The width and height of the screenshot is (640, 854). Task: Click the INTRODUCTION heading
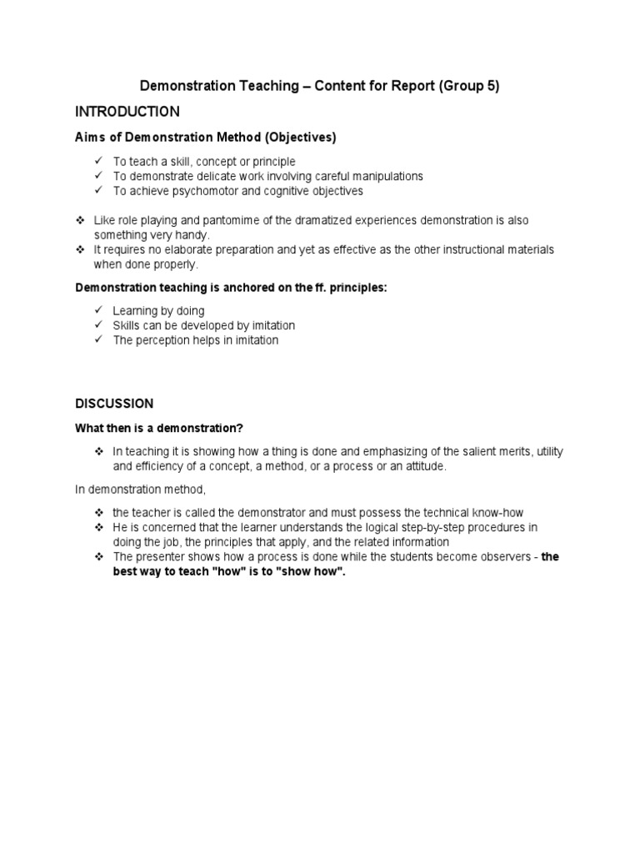(127, 111)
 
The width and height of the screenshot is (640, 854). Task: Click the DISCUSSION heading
(114, 404)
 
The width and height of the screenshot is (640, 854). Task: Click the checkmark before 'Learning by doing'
(97, 310)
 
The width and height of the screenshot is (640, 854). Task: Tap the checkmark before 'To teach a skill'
(97, 161)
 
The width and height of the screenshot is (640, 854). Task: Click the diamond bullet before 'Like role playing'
(80, 220)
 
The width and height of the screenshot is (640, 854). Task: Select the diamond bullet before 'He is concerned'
(98, 528)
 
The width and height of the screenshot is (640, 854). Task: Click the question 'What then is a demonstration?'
(158, 429)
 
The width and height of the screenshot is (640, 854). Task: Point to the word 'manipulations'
(387, 176)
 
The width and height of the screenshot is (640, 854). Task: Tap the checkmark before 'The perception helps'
(97, 340)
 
